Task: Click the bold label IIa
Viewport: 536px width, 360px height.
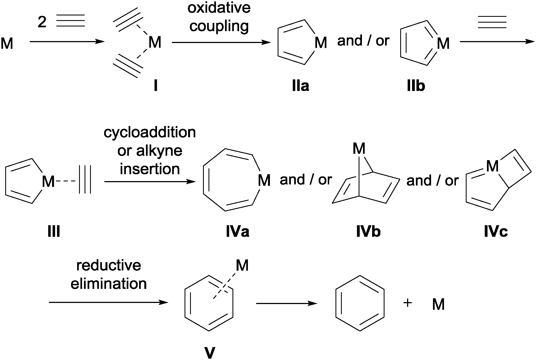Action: pos(301,87)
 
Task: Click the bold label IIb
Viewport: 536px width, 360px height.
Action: pos(416,87)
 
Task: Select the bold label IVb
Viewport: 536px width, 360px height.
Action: pos(368,232)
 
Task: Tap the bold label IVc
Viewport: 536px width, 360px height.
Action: pos(496,232)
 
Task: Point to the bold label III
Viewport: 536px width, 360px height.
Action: pos(54,232)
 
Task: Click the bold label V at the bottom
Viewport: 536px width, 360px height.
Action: pos(210,353)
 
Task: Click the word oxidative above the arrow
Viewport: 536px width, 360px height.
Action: pos(219,8)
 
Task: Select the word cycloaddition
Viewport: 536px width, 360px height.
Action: pos(150,133)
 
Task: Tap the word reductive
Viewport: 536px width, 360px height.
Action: pos(109,265)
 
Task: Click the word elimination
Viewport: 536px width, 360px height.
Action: pos(109,284)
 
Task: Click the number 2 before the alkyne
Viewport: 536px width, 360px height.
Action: pos(42,22)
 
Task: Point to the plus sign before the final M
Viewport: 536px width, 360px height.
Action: pos(408,303)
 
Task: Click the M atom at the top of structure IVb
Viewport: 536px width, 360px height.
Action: pos(359,149)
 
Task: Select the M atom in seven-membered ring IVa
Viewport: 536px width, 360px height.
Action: pos(264,181)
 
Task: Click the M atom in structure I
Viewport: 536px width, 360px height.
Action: pos(155,42)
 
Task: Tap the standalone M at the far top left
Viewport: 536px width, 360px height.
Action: pos(7,44)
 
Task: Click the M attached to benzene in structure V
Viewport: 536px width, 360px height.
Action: pos(242,266)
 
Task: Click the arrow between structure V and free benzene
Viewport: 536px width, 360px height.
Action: pos(286,303)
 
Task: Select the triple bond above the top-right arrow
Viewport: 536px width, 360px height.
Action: pos(492,22)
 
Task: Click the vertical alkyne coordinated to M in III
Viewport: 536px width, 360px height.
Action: pos(85,180)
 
